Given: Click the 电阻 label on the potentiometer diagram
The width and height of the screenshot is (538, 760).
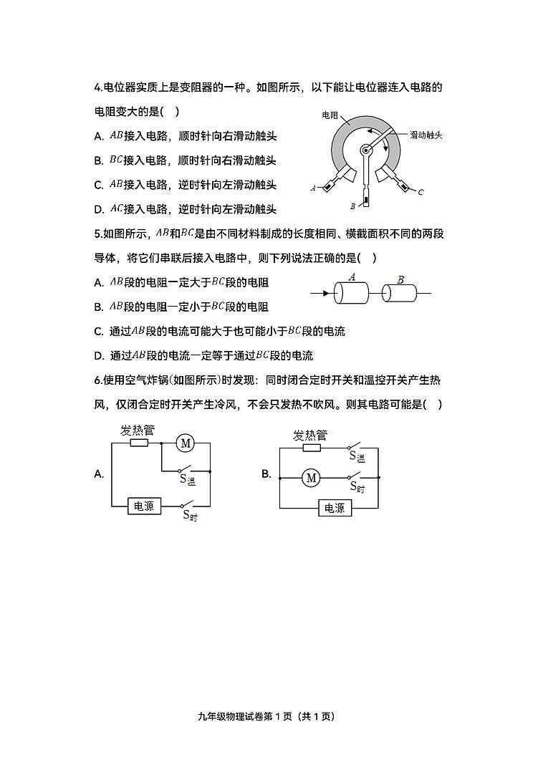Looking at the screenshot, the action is pyautogui.click(x=330, y=115).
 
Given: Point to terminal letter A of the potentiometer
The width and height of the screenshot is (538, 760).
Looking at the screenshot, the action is pyautogui.click(x=314, y=188).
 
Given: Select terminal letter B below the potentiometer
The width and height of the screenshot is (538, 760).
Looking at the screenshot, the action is pyautogui.click(x=352, y=206).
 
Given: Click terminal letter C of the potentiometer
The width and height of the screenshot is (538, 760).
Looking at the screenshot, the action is pyautogui.click(x=421, y=192).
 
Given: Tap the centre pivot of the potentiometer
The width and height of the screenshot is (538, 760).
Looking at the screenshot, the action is pyautogui.click(x=365, y=150).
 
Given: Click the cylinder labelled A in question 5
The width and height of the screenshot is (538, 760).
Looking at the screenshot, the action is pyautogui.click(x=351, y=292).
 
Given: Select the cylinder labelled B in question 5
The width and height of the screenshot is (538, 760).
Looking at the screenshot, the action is pyautogui.click(x=400, y=292).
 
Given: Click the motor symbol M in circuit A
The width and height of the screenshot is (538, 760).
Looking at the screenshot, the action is pyautogui.click(x=186, y=443).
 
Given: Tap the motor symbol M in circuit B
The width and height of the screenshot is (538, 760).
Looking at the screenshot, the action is pyautogui.click(x=311, y=478).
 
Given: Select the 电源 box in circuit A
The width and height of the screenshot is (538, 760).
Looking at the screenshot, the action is pyautogui.click(x=143, y=506).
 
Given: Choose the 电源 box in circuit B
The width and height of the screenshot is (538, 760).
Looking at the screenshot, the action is pyautogui.click(x=334, y=508).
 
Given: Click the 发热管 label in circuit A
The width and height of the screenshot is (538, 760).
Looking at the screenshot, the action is pyautogui.click(x=138, y=430).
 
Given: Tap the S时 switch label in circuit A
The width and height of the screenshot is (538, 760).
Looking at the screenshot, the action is pyautogui.click(x=189, y=515).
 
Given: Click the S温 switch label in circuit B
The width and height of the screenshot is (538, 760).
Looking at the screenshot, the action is pyautogui.click(x=357, y=456).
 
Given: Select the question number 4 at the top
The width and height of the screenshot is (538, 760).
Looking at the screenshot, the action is pyautogui.click(x=97, y=88).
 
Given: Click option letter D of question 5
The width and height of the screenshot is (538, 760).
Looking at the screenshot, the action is pyautogui.click(x=98, y=355).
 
